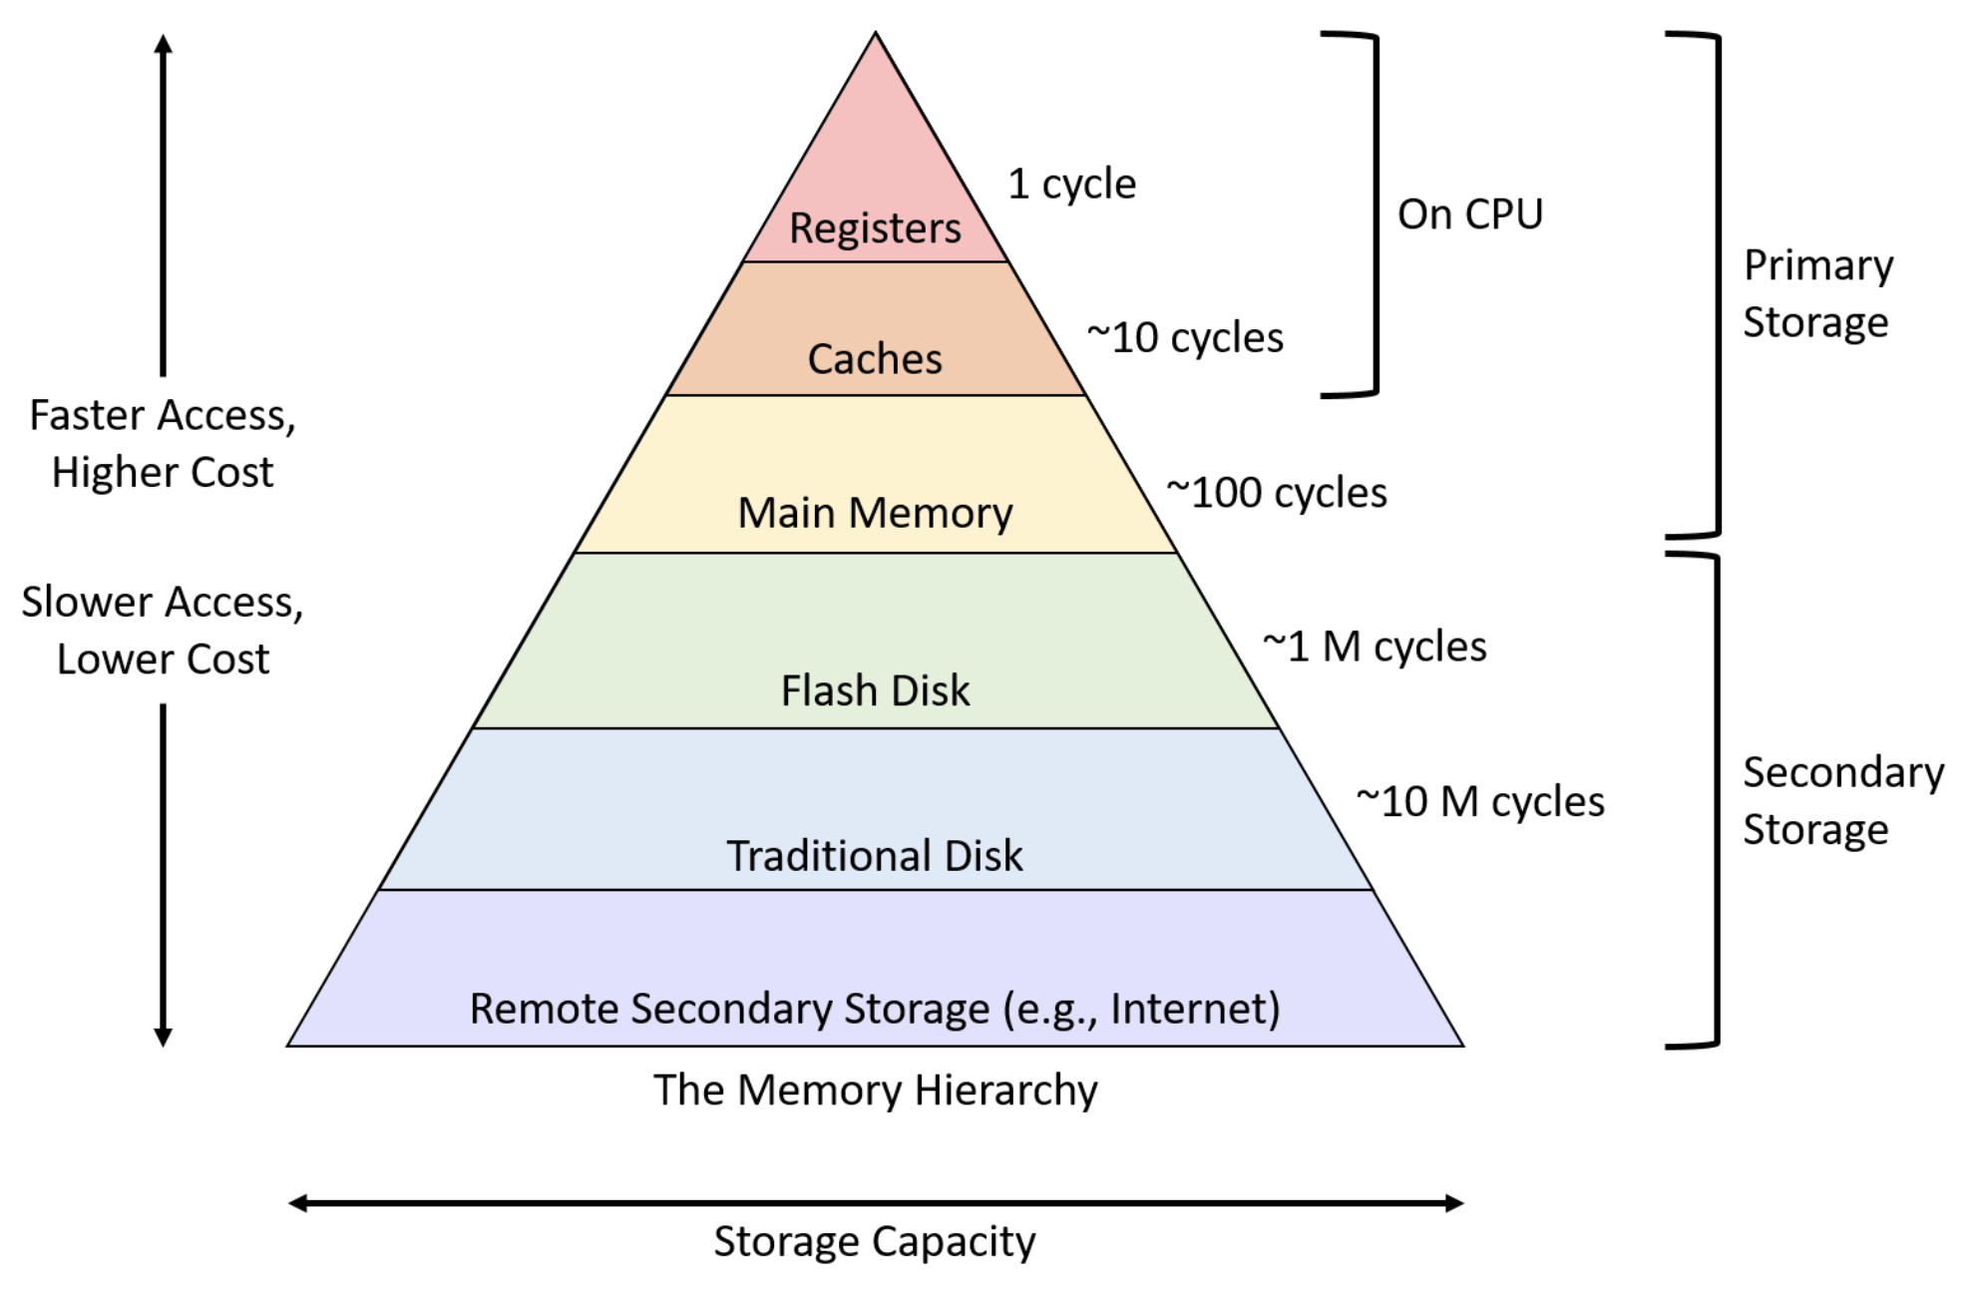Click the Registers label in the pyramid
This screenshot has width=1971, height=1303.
[x=875, y=228]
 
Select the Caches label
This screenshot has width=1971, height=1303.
[x=875, y=359]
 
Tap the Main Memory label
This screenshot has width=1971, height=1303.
[x=875, y=513]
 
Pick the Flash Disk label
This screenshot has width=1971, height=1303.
[x=875, y=690]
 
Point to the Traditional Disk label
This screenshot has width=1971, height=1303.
[x=875, y=856]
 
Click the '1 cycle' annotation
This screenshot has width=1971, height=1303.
[x=1072, y=185]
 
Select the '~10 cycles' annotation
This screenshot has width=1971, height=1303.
[x=1185, y=338]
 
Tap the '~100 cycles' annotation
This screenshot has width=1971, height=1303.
[x=1277, y=493]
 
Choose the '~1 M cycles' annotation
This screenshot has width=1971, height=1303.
[x=1375, y=648]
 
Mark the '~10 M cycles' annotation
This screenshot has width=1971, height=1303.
[x=1480, y=802]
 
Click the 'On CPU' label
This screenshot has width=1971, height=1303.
[x=1470, y=215]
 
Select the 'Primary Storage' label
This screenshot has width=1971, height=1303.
[x=1817, y=294]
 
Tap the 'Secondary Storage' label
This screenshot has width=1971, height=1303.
[x=1843, y=801]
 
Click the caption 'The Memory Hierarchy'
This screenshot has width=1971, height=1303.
[x=875, y=1089]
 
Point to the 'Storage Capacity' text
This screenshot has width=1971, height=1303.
[x=875, y=1242]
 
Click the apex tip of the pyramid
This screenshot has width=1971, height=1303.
[x=875, y=33]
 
